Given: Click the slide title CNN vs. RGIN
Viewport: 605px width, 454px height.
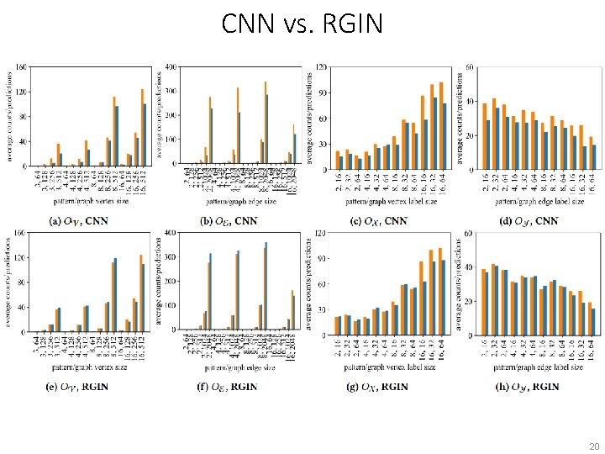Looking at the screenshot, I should click(302, 24).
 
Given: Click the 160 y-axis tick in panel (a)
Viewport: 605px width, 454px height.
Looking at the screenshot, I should click(22, 66).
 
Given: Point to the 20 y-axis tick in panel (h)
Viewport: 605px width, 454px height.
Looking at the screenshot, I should click(469, 298).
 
